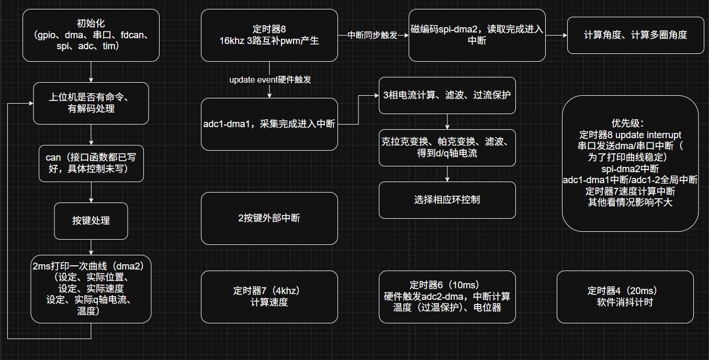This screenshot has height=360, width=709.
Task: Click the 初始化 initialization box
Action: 91,35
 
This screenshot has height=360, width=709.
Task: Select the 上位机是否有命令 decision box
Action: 91,103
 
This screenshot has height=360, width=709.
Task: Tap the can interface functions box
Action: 91,163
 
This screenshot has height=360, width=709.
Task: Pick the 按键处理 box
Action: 91,220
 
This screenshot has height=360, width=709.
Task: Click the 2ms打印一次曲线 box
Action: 91,288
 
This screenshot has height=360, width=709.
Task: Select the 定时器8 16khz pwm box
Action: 269,35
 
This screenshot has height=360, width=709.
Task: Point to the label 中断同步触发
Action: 373,35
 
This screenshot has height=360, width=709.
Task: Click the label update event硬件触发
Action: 270,80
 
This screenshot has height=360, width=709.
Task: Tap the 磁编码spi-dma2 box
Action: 477,35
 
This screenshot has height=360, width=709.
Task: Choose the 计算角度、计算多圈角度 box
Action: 635,35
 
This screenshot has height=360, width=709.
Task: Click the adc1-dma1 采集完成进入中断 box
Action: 269,124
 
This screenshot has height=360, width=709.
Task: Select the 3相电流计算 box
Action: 447,95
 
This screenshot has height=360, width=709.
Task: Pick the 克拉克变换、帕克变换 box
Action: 447,148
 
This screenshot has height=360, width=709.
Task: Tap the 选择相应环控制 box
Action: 447,199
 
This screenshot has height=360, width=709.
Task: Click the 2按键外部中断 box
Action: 269,218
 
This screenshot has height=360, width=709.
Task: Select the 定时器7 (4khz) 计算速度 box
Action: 269,296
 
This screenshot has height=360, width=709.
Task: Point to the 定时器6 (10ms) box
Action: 447,296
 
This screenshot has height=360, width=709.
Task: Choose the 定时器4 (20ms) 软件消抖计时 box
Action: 625,296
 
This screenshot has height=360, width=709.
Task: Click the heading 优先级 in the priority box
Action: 630,123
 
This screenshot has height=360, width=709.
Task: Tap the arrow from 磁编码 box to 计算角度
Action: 556,35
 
